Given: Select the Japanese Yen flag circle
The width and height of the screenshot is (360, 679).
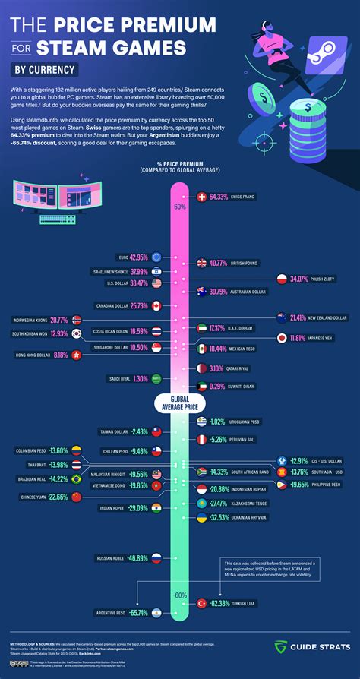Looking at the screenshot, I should pyautogui.click(x=282, y=337).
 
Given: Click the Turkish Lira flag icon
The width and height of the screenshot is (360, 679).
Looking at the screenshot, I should pyautogui.click(x=202, y=603).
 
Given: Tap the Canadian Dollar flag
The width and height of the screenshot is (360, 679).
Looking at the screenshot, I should pyautogui.click(x=156, y=305).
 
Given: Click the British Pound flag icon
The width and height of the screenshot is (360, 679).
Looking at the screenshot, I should pyautogui.click(x=202, y=264).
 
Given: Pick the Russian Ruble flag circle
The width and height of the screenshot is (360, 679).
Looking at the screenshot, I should pyautogui.click(x=156, y=557).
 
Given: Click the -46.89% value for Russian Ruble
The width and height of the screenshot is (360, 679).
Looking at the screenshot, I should pyautogui.click(x=137, y=557).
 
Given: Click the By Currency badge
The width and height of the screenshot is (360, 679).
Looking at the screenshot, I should pyautogui.click(x=46, y=70).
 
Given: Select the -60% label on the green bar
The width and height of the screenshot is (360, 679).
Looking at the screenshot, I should pyautogui.click(x=179, y=595).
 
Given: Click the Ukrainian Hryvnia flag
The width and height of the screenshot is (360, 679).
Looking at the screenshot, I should pyautogui.click(x=202, y=517).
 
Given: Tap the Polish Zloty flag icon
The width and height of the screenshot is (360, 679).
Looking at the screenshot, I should pyautogui.click(x=282, y=279).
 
